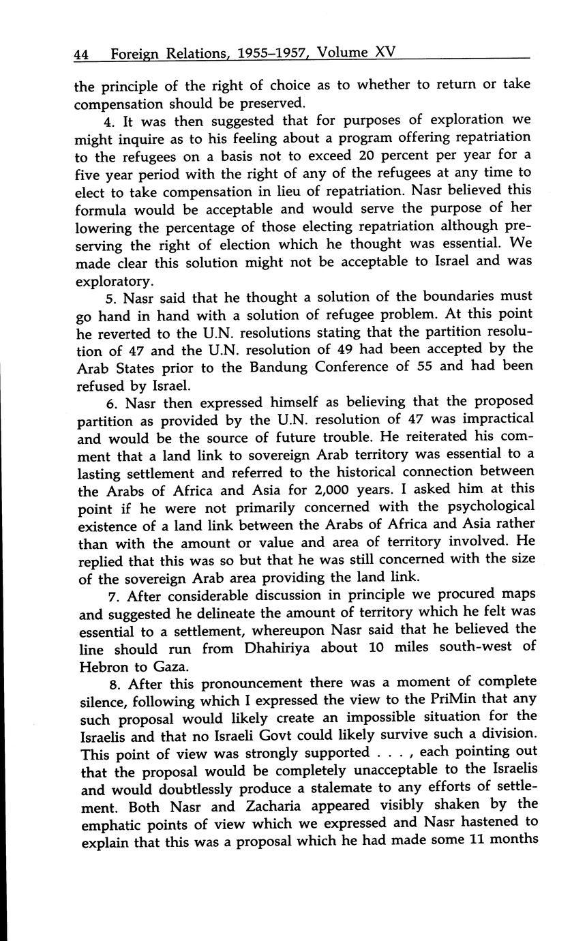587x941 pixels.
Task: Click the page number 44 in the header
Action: pos(82,54)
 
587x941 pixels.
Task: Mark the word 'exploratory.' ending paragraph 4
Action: pos(114,280)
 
